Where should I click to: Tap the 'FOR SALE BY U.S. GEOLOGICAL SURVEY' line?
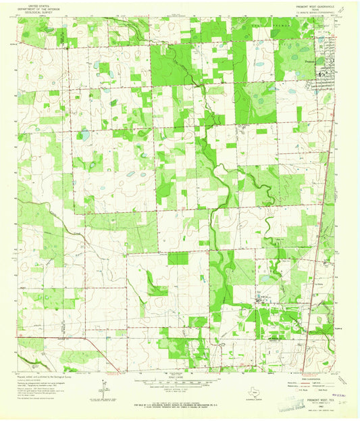179,403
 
